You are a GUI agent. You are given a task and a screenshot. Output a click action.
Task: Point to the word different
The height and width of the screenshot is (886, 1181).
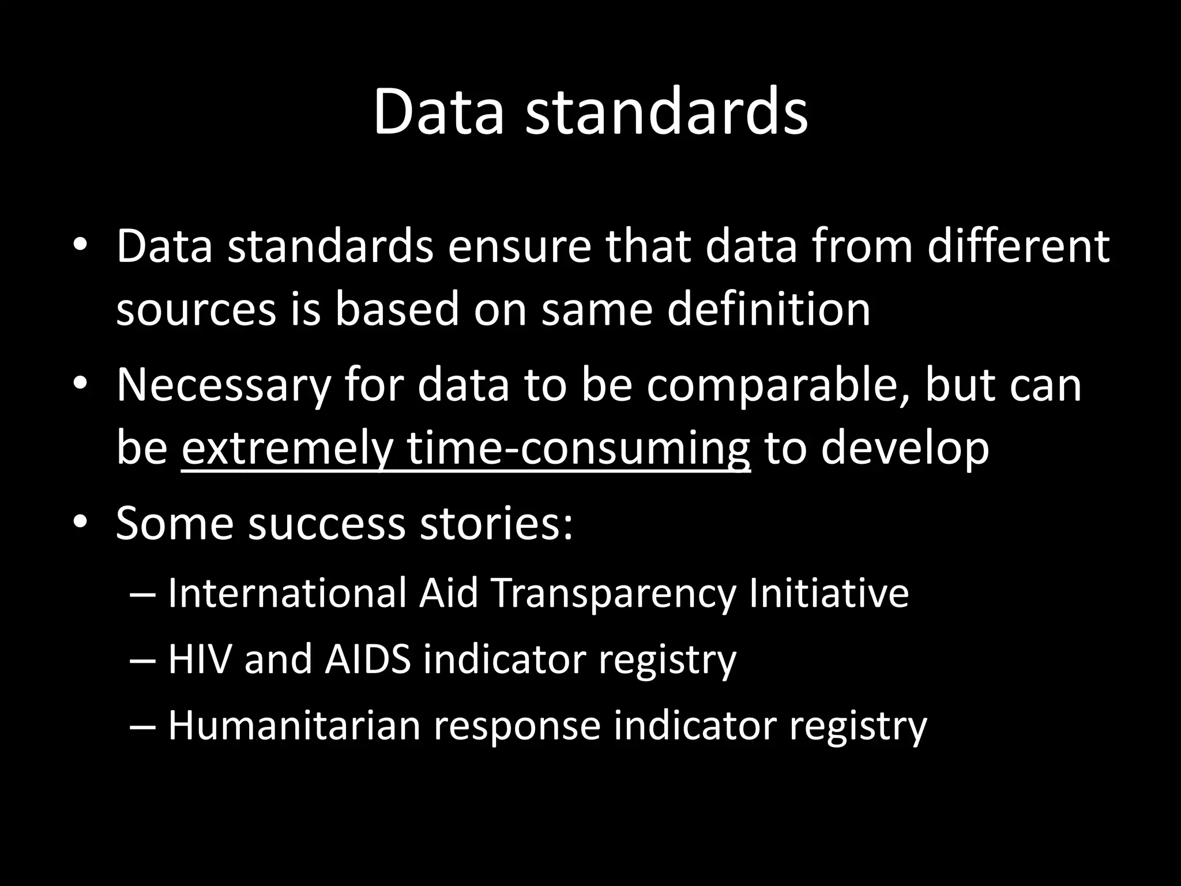tap(1018, 247)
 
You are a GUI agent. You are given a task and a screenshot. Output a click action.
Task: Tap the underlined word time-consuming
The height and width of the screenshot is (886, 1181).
tap(578, 448)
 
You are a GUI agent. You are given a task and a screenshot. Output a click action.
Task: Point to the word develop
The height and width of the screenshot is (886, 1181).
tap(905, 448)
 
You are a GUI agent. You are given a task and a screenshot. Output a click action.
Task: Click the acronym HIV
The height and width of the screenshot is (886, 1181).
tap(200, 659)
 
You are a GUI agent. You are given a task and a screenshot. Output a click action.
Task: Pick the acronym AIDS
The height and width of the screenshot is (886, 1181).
tap(367, 659)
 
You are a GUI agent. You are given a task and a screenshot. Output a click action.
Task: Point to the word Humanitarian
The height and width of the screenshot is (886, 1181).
tap(294, 725)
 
